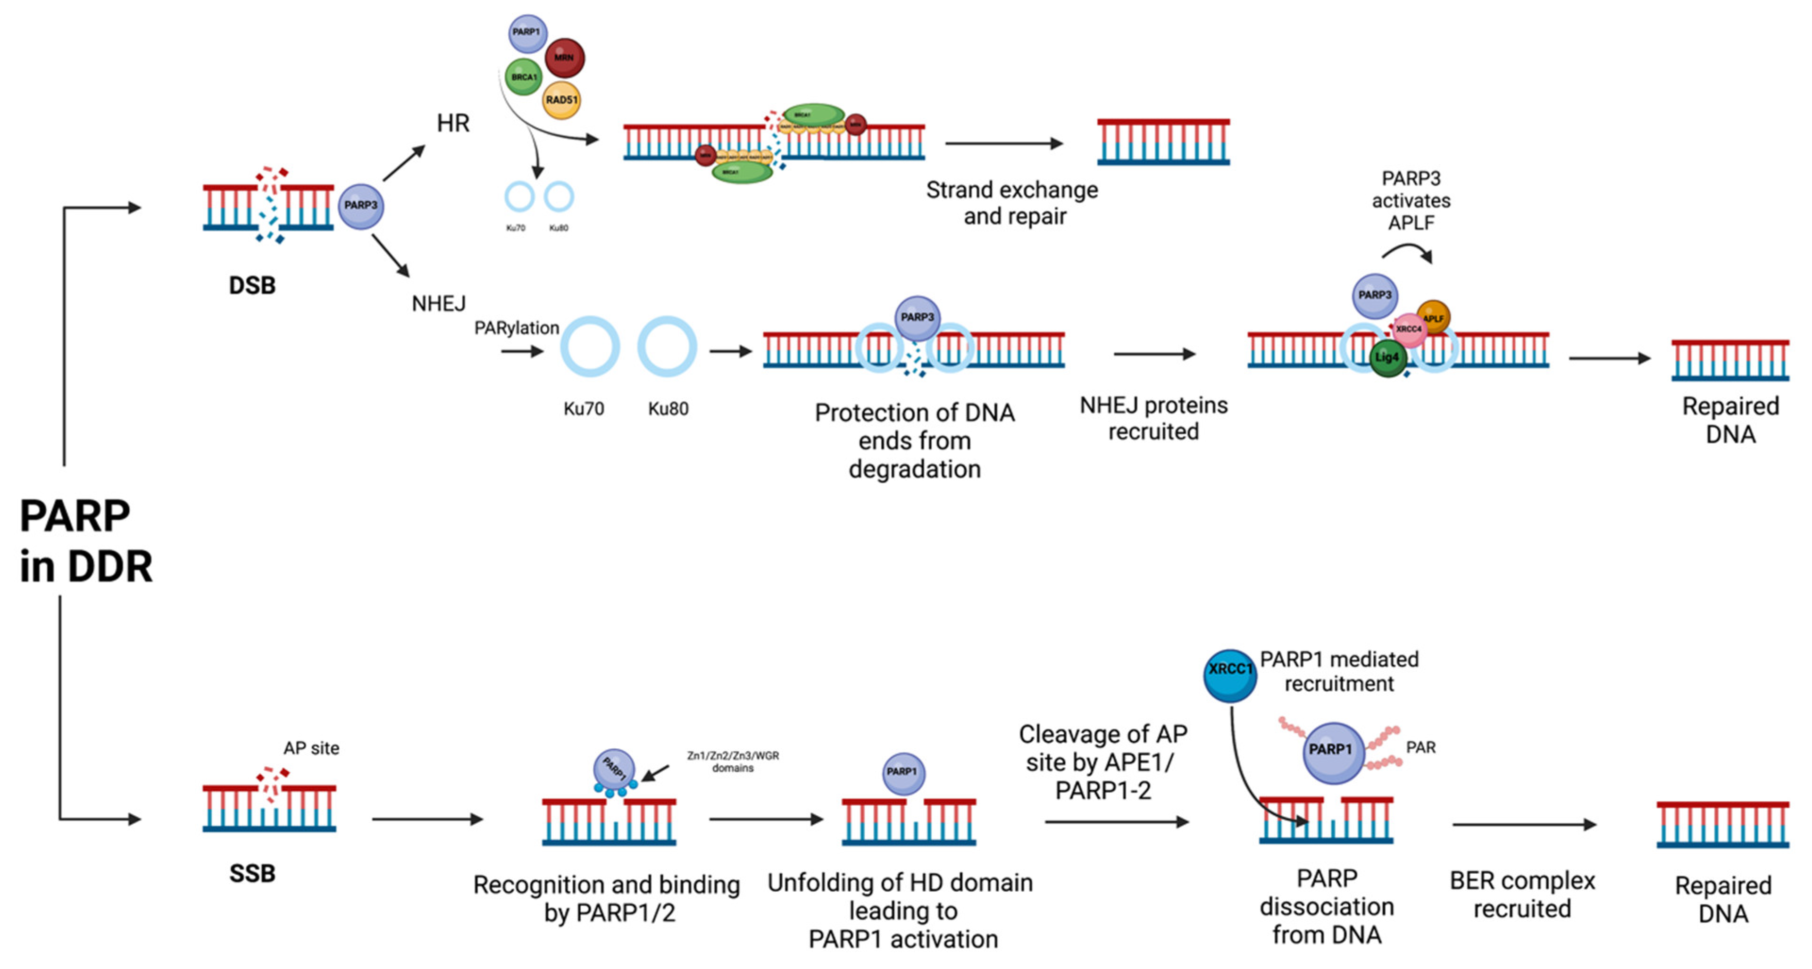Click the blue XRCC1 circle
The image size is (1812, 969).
click(x=1229, y=676)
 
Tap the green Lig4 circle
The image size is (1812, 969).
click(x=1387, y=358)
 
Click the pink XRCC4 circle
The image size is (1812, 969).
click(x=1409, y=329)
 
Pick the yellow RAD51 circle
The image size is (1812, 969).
click(x=561, y=100)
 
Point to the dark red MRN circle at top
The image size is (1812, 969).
click(x=564, y=57)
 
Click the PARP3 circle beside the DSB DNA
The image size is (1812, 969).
click(x=361, y=205)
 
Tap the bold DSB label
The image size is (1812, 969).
click(x=252, y=285)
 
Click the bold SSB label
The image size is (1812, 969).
click(x=252, y=873)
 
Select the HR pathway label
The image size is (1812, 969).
click(x=452, y=124)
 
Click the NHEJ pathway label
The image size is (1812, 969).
click(x=438, y=304)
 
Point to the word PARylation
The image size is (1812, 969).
click(x=516, y=328)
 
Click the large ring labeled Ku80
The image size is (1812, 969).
click(x=667, y=347)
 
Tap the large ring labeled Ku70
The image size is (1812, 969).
click(x=590, y=347)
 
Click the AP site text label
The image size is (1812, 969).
click(x=311, y=748)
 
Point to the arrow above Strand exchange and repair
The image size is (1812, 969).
click(x=1004, y=143)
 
